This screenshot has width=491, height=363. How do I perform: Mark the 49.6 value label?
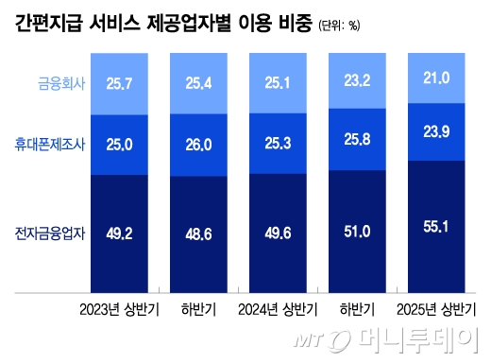pyautogui.click(x=279, y=232)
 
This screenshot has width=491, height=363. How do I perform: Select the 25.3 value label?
pyautogui.click(x=279, y=143)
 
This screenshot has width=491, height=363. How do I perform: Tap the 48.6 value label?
pyautogui.click(x=200, y=232)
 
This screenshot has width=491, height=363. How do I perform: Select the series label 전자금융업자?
pyautogui.click(x=49, y=232)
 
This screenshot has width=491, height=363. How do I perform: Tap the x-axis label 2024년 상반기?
pyautogui.click(x=279, y=308)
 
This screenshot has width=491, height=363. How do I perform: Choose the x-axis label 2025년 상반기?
pyautogui.click(x=440, y=308)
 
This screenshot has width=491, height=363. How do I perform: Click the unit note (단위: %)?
pyautogui.click(x=337, y=26)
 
